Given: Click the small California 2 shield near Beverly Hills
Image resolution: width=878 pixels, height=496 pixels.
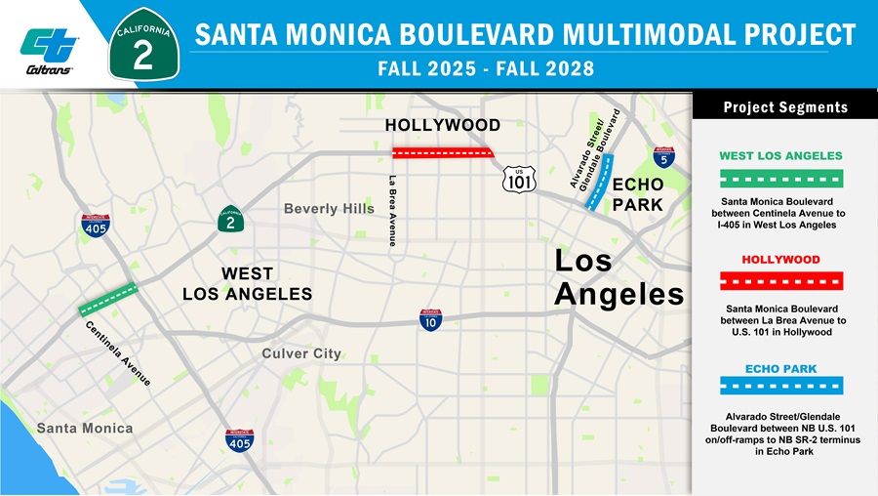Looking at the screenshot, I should point(230,221).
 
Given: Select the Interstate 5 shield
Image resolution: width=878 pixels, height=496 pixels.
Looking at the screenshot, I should point(664,156).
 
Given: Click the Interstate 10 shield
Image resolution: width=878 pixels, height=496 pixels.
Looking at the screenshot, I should point(430,319).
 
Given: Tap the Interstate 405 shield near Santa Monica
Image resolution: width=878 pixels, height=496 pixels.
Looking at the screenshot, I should point(239,440).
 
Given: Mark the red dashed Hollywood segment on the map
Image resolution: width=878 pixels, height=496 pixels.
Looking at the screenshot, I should point(442,152).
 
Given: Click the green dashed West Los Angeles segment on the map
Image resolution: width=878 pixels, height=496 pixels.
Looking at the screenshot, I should point(108,299).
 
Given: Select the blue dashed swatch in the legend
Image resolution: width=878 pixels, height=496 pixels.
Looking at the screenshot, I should point(781,386).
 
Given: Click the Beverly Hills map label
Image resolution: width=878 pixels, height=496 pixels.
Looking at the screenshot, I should point(329,209).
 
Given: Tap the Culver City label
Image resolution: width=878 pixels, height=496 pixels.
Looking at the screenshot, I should point(301,353).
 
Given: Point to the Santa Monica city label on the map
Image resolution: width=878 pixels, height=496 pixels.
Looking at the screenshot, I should point(85,428).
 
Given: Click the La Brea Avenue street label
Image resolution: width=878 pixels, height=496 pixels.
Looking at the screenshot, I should point(392,210).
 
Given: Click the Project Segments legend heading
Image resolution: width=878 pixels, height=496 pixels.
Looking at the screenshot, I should point(785,107).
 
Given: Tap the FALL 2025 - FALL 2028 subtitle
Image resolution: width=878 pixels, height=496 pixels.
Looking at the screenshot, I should point(485,69).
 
